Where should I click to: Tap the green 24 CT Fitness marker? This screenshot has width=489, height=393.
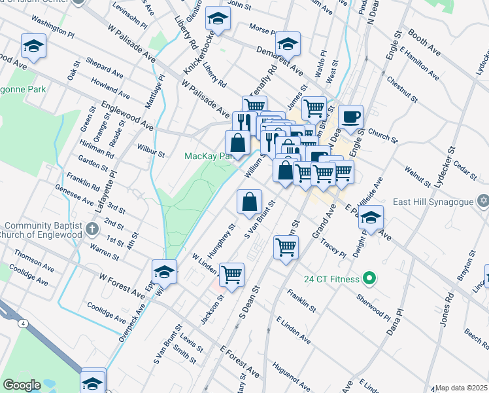pos(369,279)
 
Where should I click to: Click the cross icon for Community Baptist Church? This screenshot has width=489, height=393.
pos(92,230)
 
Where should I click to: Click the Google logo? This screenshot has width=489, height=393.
pos(22,385)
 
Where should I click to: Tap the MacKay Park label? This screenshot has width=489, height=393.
pos(208,157)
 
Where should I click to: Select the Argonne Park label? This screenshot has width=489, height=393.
pos(23,89)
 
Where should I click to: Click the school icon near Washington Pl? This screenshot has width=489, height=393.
pos(33,47)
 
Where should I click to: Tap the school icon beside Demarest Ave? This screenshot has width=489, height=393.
pos(287,44)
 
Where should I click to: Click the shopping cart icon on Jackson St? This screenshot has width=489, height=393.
pos(231,275)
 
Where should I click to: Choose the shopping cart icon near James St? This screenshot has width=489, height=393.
pos(314,108)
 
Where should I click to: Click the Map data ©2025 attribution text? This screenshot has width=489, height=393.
pos(461,388)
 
